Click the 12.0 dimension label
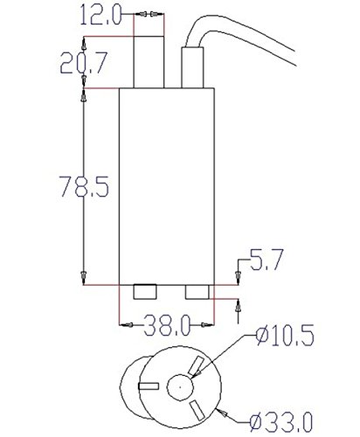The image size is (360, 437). pos(100,15)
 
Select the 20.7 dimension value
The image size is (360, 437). pos(84,63)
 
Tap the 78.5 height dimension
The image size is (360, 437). pos(84,186)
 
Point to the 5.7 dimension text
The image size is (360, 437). pos(267,260)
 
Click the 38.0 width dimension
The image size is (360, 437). pos(167,325)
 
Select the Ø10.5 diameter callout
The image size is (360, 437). pos(285,336)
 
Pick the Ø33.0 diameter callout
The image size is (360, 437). pos(281,421)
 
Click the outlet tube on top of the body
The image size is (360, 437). pos(149,62)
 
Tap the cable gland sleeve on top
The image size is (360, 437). pos(192,67)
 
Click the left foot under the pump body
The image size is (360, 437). pos(145,292)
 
